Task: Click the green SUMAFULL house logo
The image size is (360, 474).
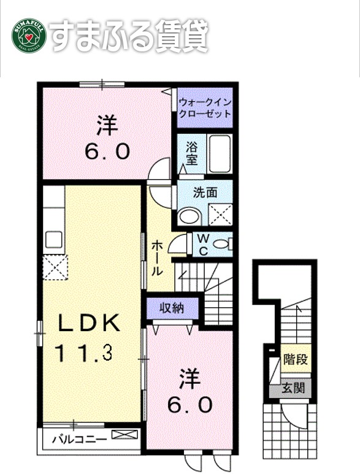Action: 29,36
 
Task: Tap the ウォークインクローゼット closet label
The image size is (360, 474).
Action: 205,108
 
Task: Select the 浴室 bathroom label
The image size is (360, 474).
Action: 191,153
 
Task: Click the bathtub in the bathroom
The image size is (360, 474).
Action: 220,154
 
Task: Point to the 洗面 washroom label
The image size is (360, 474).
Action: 205,193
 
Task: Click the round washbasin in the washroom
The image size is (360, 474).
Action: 190,216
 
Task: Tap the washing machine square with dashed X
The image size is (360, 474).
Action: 220,215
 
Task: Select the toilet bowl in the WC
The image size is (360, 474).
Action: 221,244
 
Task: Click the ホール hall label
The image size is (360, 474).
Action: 157,258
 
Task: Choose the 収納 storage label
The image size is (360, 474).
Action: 172,308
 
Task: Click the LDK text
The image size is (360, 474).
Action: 88,323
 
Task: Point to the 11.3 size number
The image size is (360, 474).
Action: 84,353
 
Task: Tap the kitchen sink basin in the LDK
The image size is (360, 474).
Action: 54,240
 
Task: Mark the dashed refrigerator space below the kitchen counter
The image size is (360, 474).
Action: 55,267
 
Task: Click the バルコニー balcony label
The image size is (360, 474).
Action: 80,439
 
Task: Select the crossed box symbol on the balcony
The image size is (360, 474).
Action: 124,434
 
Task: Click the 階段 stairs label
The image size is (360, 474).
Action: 296,359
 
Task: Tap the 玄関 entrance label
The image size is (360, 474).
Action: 293,388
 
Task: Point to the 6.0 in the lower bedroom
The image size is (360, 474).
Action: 190,405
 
